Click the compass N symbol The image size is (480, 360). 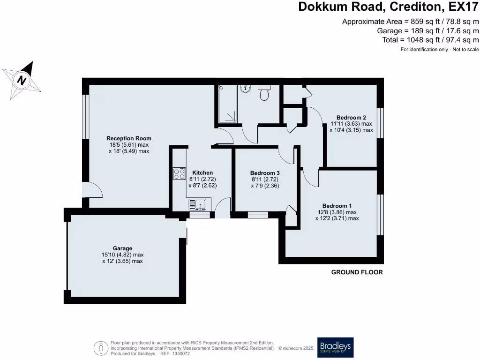point(22,81)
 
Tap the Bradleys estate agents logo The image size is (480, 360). point(335,347)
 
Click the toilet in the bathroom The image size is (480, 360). point(264,93)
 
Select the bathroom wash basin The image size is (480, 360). point(246,89)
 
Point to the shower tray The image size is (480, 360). point(227,104)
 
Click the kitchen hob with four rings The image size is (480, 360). point(180,173)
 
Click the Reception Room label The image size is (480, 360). point(129,138)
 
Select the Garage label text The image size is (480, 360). point(122,248)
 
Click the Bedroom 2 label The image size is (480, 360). point(351,118)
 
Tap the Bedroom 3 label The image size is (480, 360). point(265,173)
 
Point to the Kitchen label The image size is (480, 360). point(202,172)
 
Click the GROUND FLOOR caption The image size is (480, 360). point(357,272)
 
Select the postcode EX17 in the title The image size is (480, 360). point(464,7)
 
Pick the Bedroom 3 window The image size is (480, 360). point(258,215)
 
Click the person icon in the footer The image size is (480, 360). point(101,348)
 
